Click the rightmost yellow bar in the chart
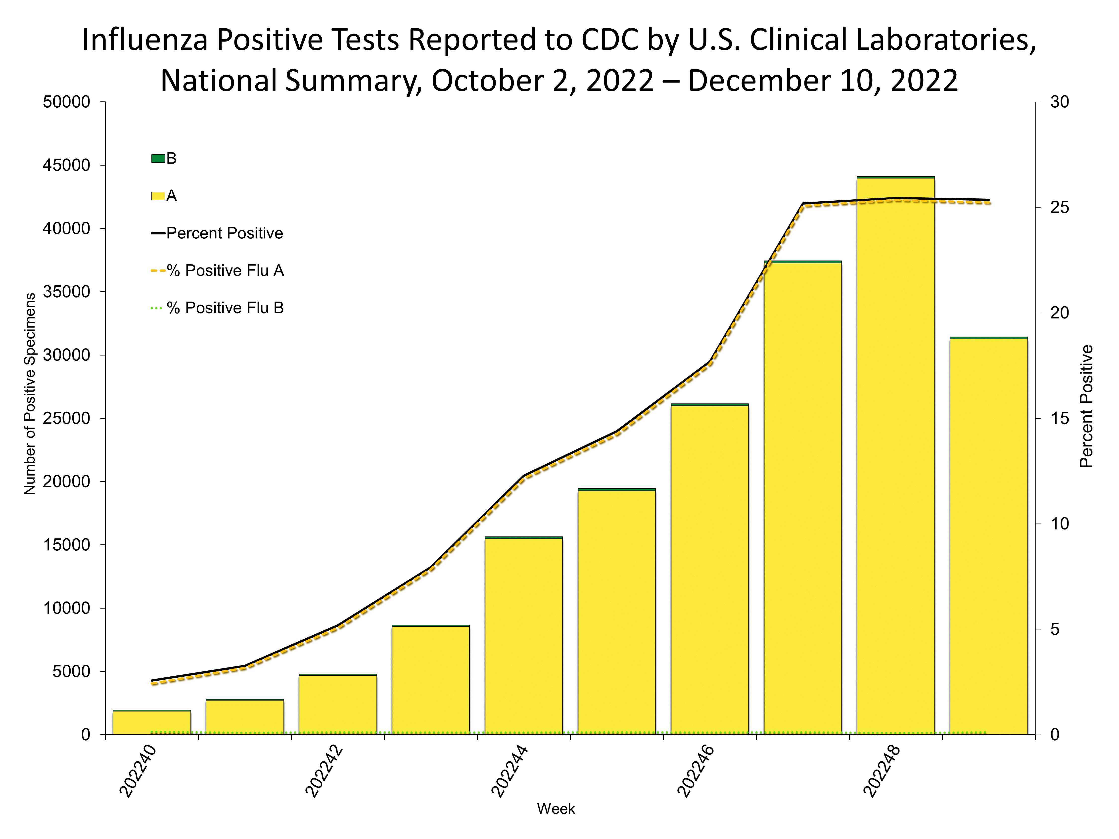coord(988,536)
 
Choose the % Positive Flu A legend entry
coord(225,270)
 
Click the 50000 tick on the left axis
coord(67,102)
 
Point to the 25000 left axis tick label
coord(67,418)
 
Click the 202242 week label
coord(324,771)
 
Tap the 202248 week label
coord(882,771)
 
